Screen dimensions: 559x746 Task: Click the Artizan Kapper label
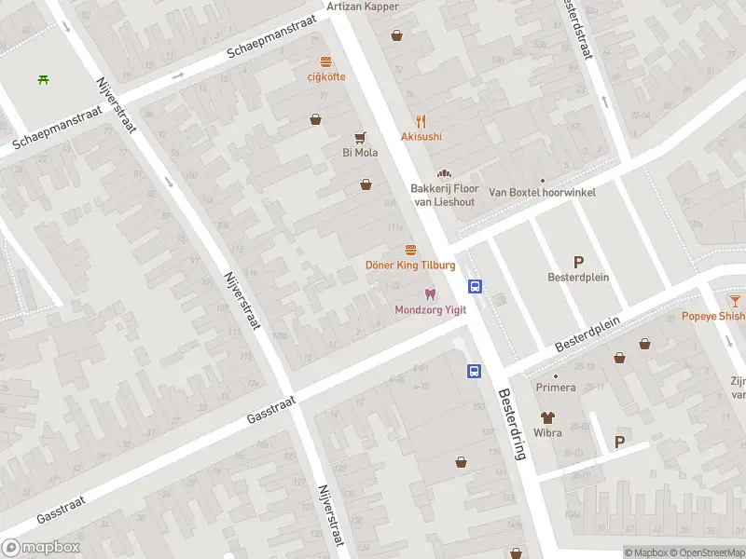(x=363, y=7)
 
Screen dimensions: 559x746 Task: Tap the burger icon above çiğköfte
(x=326, y=61)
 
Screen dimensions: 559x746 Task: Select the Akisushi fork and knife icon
(x=421, y=120)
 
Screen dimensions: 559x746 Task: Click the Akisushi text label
(x=421, y=137)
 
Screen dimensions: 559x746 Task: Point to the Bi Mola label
(x=360, y=153)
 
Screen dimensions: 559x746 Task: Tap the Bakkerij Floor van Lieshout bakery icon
(x=444, y=173)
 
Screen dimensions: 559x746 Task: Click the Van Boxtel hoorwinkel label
(x=542, y=193)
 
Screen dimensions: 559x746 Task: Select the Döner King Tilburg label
(x=409, y=266)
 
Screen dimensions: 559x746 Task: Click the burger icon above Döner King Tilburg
(x=410, y=250)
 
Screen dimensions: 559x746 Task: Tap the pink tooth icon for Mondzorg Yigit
(x=430, y=294)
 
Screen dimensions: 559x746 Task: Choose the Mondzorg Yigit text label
(x=430, y=310)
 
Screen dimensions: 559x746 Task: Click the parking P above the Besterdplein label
(x=578, y=262)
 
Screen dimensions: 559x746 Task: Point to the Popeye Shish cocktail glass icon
(x=735, y=300)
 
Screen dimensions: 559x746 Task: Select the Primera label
(x=555, y=388)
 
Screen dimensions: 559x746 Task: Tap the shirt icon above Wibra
(x=546, y=418)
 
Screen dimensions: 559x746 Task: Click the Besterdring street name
(x=513, y=424)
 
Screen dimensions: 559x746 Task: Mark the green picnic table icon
(x=44, y=79)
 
